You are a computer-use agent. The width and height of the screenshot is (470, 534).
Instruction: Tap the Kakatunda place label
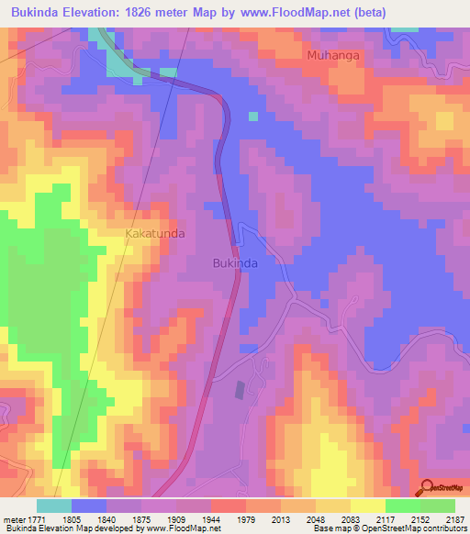click(154, 234)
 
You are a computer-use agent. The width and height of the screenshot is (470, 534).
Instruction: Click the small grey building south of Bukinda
click(241, 390)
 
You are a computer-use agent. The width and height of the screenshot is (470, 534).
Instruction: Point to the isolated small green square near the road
click(252, 117)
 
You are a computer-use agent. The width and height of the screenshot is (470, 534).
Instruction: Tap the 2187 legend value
click(453, 519)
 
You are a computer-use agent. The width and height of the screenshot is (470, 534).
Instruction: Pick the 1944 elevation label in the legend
click(210, 519)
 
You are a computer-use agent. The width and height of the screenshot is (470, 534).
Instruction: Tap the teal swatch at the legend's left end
click(53, 506)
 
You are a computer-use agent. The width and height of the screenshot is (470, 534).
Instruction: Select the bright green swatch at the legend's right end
click(437, 506)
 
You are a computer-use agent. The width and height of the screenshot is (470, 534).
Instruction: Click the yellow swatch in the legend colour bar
click(367, 506)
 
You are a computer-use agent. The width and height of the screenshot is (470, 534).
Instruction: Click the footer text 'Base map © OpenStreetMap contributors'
click(388, 529)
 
